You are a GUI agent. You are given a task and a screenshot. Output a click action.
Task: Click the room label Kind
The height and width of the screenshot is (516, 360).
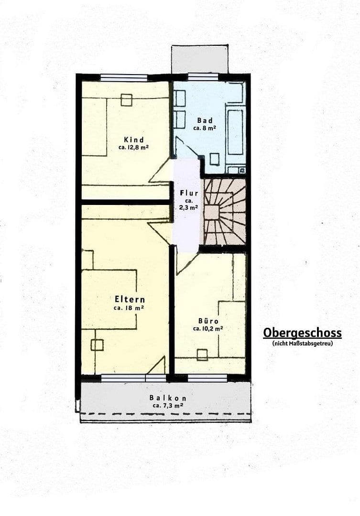(x=133, y=139)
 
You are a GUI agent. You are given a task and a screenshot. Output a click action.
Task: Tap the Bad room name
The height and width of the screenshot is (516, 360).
(x=205, y=120)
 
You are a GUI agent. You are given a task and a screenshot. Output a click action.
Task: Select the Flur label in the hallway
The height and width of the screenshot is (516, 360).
(x=189, y=193)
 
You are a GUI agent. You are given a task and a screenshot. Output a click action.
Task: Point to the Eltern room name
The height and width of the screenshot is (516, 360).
(x=130, y=299)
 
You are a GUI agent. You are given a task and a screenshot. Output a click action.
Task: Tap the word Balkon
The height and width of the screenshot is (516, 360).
(x=167, y=398)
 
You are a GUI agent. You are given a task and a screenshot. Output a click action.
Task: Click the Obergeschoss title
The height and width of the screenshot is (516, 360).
(x=302, y=333)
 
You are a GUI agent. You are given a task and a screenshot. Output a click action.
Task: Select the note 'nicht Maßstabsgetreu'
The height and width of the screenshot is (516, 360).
(x=302, y=343)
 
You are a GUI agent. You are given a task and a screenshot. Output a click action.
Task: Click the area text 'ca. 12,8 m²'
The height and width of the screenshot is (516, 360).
(x=133, y=148)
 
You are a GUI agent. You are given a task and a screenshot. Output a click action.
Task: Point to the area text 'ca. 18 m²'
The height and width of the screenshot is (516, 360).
(x=129, y=308)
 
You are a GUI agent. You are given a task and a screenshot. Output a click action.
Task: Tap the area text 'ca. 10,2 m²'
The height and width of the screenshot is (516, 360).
(x=207, y=329)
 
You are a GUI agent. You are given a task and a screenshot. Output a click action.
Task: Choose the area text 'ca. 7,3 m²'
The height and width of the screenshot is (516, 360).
(x=167, y=405)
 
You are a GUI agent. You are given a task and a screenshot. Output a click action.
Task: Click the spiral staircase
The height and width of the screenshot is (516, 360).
(x=224, y=212)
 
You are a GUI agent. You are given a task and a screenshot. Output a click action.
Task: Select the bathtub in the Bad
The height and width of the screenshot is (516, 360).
(x=235, y=131)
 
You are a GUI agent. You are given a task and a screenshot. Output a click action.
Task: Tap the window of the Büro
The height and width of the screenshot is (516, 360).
(x=207, y=378)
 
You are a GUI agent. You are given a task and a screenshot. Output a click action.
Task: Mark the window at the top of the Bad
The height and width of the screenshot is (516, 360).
(x=203, y=76)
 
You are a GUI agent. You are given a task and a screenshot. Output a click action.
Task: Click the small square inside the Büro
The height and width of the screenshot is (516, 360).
(x=202, y=355)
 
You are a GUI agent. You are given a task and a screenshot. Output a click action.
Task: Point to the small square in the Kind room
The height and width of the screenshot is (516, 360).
(x=127, y=100)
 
